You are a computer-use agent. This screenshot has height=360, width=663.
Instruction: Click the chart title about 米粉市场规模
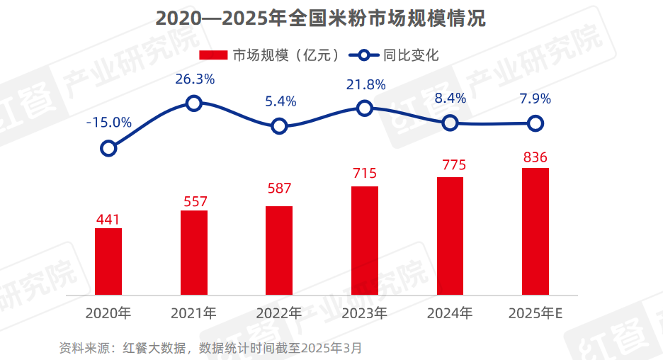click(320, 19)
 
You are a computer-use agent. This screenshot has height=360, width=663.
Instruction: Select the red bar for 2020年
click(108, 261)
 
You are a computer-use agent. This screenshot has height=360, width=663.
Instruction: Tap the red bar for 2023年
click(365, 240)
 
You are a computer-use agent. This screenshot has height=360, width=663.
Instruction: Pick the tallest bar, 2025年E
click(535, 231)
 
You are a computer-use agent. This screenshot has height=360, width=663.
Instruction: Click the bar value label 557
click(194, 202)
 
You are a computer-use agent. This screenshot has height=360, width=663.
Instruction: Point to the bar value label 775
click(450, 166)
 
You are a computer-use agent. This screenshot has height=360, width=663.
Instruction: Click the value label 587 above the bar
click(279, 189)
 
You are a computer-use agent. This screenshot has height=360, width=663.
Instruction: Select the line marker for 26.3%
click(194, 103)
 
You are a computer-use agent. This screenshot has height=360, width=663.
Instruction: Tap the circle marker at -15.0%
click(108, 148)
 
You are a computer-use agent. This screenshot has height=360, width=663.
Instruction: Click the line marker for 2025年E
click(536, 124)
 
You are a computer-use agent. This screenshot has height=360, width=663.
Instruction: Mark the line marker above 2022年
click(279, 127)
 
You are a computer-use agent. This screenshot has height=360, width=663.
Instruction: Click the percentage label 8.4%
click(450, 99)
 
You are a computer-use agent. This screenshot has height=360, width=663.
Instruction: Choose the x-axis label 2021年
click(193, 313)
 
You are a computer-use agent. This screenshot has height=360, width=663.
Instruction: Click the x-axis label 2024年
click(450, 313)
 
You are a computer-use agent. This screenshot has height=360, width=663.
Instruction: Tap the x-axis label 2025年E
click(536, 313)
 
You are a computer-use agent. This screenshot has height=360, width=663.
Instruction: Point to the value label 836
click(535, 157)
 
